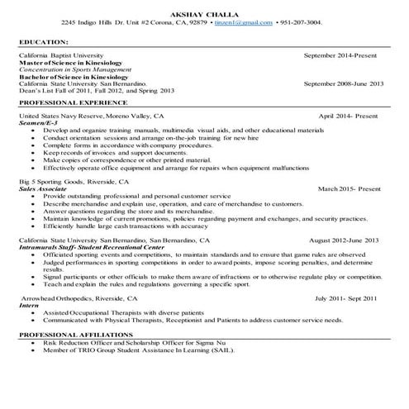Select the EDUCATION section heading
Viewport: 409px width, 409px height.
click(x=44, y=40)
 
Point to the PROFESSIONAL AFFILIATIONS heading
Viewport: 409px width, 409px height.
click(x=69, y=333)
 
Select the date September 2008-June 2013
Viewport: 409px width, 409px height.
click(x=344, y=83)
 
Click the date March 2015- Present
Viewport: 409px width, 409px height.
click(x=351, y=188)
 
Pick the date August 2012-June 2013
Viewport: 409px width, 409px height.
click(x=344, y=240)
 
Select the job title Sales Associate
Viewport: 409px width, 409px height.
click(x=41, y=188)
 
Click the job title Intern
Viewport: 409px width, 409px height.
click(x=28, y=305)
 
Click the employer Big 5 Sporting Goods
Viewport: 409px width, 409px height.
click(x=53, y=180)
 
